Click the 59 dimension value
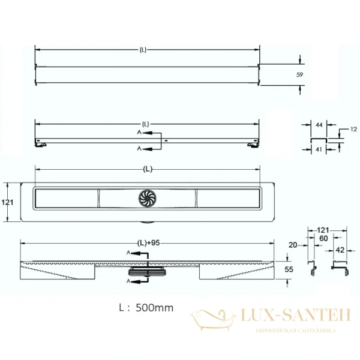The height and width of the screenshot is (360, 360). click(299, 74)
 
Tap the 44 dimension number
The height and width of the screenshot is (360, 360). click(319, 125)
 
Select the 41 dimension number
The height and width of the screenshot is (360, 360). click(319, 149)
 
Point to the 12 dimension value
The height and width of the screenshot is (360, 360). click(353, 129)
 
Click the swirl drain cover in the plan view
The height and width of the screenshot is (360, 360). click(148, 199)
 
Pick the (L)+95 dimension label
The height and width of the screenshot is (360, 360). click(148, 243)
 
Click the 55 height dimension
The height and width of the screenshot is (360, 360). click(289, 269)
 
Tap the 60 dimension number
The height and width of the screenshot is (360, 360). click(323, 239)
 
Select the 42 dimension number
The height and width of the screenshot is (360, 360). click(340, 250)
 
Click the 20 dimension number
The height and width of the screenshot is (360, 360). click(293, 245)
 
